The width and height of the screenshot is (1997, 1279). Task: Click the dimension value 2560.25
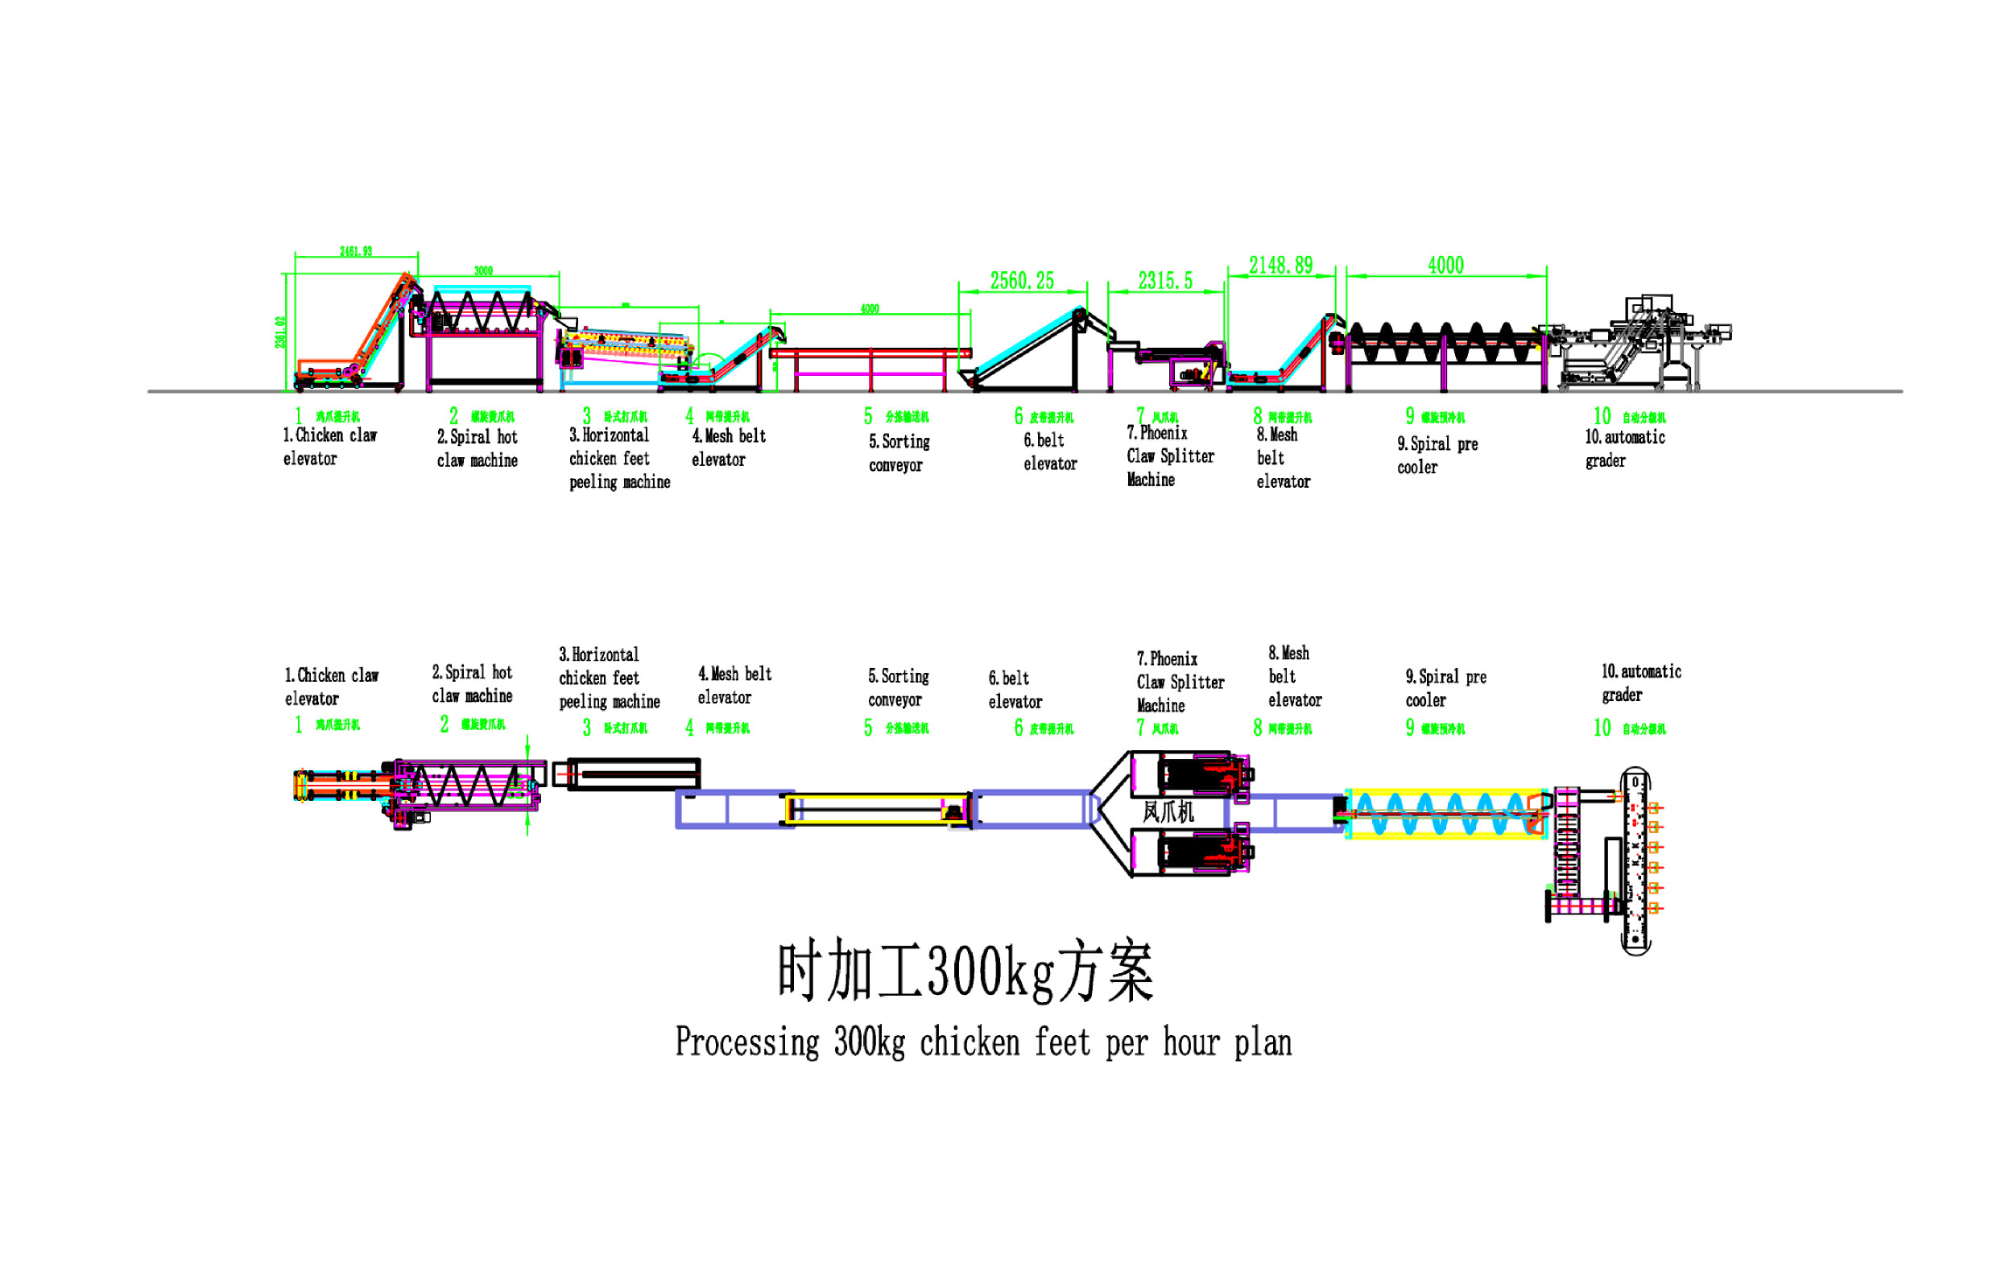(x=1021, y=281)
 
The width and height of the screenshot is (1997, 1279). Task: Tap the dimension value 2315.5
(x=1164, y=281)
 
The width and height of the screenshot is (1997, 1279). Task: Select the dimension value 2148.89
(x=1280, y=266)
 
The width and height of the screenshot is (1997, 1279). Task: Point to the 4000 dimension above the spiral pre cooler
(x=1445, y=266)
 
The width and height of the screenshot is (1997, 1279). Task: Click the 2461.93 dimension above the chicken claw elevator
(x=356, y=252)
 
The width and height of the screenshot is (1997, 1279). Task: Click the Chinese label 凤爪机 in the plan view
(x=1167, y=811)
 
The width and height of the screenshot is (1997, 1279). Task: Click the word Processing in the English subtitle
(x=746, y=1043)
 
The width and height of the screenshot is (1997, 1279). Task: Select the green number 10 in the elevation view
(x=1601, y=416)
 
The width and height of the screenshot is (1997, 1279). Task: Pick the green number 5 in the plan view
(x=867, y=728)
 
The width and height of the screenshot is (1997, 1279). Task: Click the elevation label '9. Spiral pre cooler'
(x=1437, y=455)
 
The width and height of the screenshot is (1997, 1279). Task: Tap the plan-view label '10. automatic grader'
(x=1640, y=683)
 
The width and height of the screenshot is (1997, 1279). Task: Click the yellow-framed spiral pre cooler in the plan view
(x=1445, y=814)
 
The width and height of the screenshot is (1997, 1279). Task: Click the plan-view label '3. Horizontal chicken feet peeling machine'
(x=609, y=678)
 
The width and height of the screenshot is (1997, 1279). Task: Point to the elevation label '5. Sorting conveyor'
(x=898, y=453)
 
